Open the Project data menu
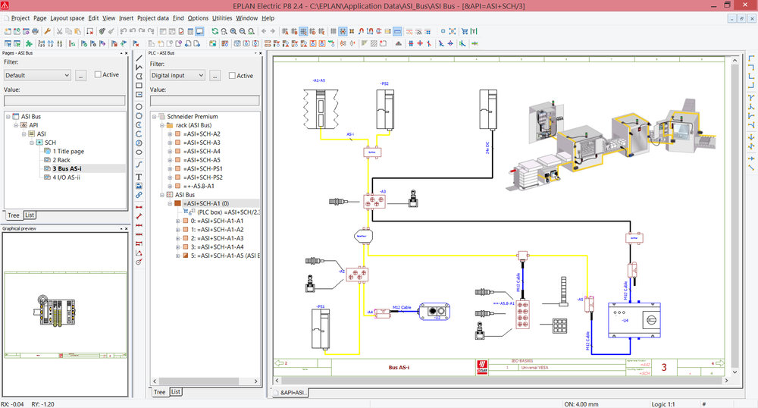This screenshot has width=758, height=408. coord(153,17)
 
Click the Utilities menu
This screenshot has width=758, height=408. coord(222,17)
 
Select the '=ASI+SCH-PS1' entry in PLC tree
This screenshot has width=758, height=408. coord(202,168)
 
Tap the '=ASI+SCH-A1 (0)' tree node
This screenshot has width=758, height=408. coord(208,203)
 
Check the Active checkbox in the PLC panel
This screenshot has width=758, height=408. coord(232,76)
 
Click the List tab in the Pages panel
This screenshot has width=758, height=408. coord(30,215)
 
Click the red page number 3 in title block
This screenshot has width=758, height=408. coord(664,368)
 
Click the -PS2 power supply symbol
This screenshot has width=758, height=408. coord(384,110)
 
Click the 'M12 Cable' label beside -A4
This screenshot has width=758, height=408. coord(401,307)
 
